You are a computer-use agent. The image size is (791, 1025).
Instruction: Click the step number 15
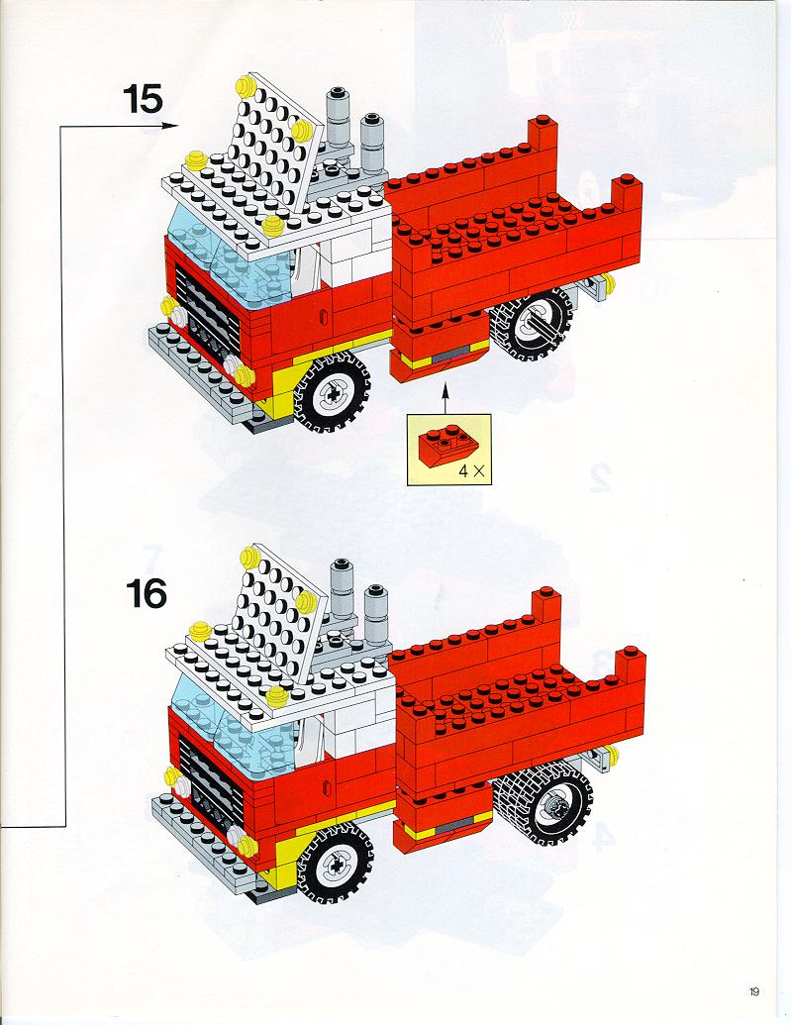pyautogui.click(x=143, y=99)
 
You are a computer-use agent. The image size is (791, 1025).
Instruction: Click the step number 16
pyautogui.click(x=147, y=593)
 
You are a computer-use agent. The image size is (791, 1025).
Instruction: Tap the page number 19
pyautogui.click(x=754, y=992)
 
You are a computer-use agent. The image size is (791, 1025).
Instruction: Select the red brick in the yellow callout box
pyautogui.click(x=445, y=447)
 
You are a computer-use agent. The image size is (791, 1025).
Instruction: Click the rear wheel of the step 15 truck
pyautogui.click(x=532, y=323)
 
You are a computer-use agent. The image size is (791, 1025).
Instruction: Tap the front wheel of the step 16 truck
pyautogui.click(x=335, y=865)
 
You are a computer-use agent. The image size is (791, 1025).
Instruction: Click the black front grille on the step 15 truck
pyautogui.click(x=206, y=314)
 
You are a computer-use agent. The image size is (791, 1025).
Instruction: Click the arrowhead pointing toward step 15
pyautogui.click(x=172, y=126)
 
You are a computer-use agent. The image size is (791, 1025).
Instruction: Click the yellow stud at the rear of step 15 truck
pyautogui.click(x=609, y=281)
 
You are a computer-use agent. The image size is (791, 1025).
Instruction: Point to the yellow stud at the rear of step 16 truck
pyautogui.click(x=611, y=753)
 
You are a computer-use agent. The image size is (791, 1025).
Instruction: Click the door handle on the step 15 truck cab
pyautogui.click(x=322, y=316)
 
